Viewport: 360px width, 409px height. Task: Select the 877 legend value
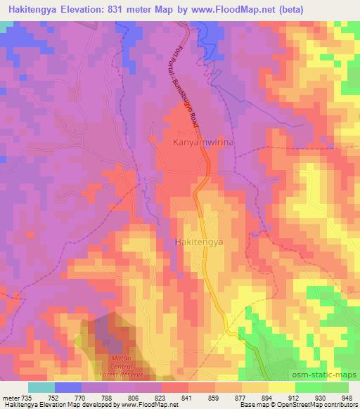click(240, 396)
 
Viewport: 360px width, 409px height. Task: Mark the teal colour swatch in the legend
click(41, 387)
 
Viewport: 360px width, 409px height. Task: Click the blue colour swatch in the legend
click(68, 387)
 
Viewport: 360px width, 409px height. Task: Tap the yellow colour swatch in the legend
click(282, 387)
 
